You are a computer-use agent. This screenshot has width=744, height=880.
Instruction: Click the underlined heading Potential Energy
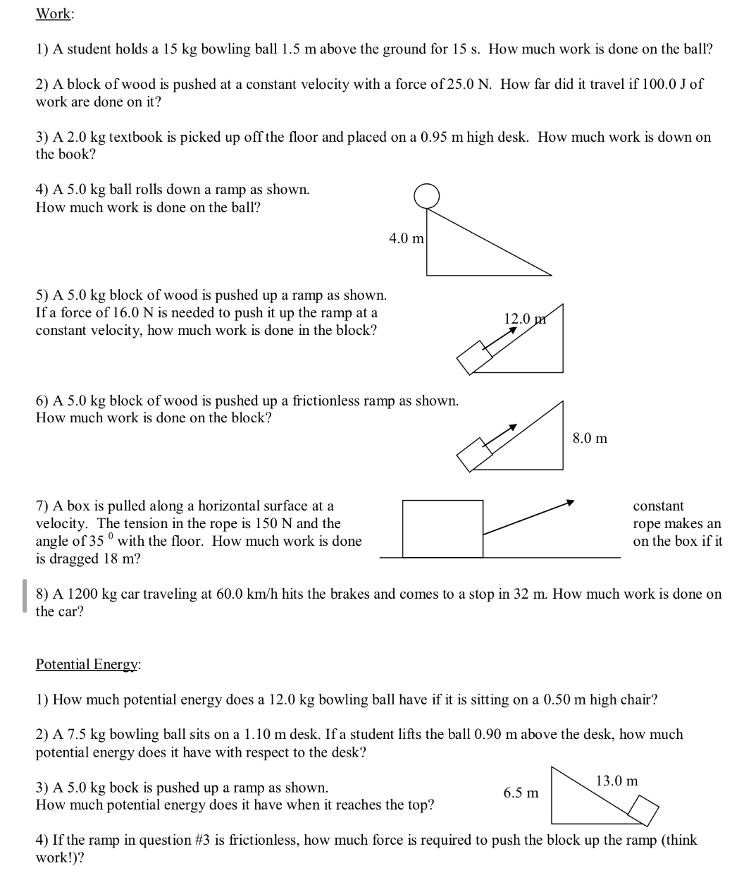tap(87, 664)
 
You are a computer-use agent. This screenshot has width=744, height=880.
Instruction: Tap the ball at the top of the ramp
tap(426, 196)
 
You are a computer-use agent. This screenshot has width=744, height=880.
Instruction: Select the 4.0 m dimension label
tap(407, 239)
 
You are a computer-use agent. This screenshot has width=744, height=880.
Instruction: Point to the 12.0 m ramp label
tap(525, 319)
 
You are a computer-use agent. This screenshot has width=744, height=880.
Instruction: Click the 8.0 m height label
tap(590, 439)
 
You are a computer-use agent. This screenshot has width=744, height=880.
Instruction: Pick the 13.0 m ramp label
tap(616, 781)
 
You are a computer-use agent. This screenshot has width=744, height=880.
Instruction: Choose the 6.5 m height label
tap(521, 793)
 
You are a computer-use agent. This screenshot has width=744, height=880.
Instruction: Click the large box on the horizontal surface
tap(442, 529)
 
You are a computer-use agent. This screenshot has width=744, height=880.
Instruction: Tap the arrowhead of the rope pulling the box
tap(571, 503)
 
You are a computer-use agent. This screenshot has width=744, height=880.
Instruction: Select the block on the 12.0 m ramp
tap(473, 357)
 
